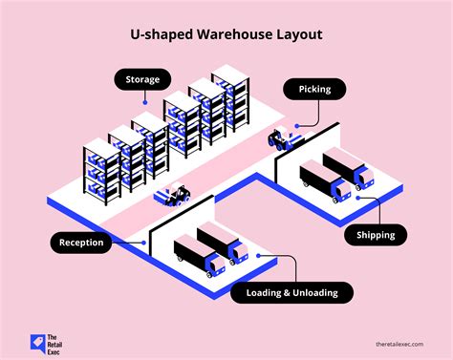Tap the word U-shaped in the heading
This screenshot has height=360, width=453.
tap(161, 34)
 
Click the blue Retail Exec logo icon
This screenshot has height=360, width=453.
tap(37, 338)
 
